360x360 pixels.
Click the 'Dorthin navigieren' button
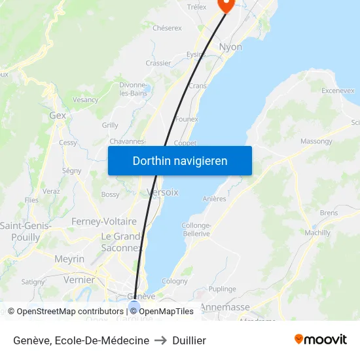click(x=180, y=160)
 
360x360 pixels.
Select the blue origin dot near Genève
click(x=134, y=306)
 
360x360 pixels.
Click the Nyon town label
click(x=230, y=47)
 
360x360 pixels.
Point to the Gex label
click(x=58, y=115)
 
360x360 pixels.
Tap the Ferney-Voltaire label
click(x=104, y=222)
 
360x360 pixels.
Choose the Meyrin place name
click(x=69, y=259)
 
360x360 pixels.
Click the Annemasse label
click(x=225, y=306)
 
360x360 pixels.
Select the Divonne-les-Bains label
click(x=132, y=88)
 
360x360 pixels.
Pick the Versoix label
click(x=162, y=192)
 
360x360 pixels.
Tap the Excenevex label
click(x=338, y=90)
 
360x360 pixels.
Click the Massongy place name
click(x=317, y=141)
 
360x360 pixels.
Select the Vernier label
click(x=79, y=279)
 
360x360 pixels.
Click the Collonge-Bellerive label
click(x=196, y=229)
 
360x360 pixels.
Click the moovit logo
click(x=320, y=340)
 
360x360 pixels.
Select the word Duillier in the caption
click(x=189, y=340)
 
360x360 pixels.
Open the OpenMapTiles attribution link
click(x=166, y=312)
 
